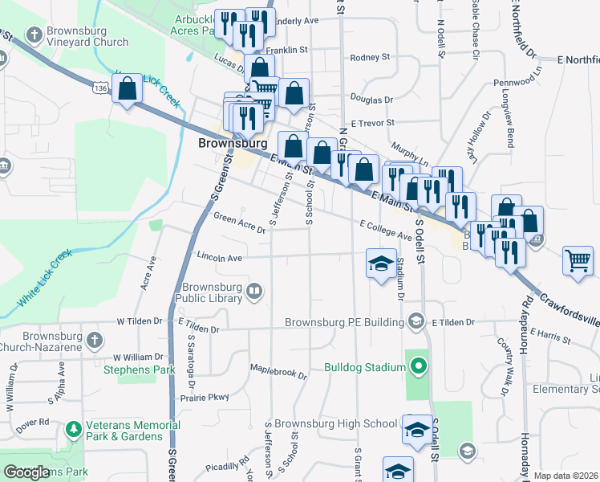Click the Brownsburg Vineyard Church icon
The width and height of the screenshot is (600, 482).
pos(34,35)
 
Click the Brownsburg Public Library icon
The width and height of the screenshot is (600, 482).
pos(254,290)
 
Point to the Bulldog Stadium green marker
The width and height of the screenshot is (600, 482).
pos(417,368)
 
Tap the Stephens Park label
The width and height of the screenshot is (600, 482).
pos(139,370)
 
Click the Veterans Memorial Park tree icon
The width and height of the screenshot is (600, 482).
pos(73,429)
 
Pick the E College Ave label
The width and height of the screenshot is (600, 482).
pos(385,231)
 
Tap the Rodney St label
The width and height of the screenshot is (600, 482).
pos(369,58)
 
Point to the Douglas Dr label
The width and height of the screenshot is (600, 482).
pos(372,100)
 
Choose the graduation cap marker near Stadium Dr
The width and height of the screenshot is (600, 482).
pos(382,264)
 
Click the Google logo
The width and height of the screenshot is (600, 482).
pos(27,472)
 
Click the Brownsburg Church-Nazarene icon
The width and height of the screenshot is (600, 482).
pos(95,339)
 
